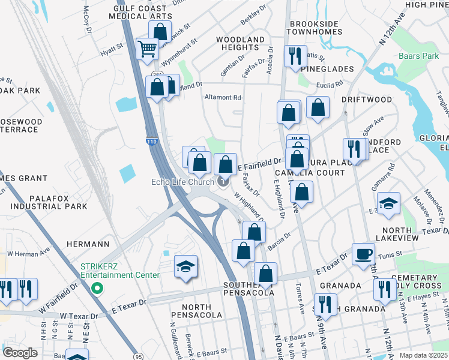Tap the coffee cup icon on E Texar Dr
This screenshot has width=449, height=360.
click(x=363, y=253)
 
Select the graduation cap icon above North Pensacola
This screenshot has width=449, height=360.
click(x=185, y=266)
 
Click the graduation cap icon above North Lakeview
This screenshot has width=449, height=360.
click(x=388, y=203)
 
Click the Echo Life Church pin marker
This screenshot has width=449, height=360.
click(x=223, y=182)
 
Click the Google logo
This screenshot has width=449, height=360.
click(x=20, y=353)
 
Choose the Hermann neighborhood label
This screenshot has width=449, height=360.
click(x=88, y=244)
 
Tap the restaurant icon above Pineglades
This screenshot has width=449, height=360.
click(x=295, y=56)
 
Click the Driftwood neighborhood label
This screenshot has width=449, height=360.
click(x=367, y=100)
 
